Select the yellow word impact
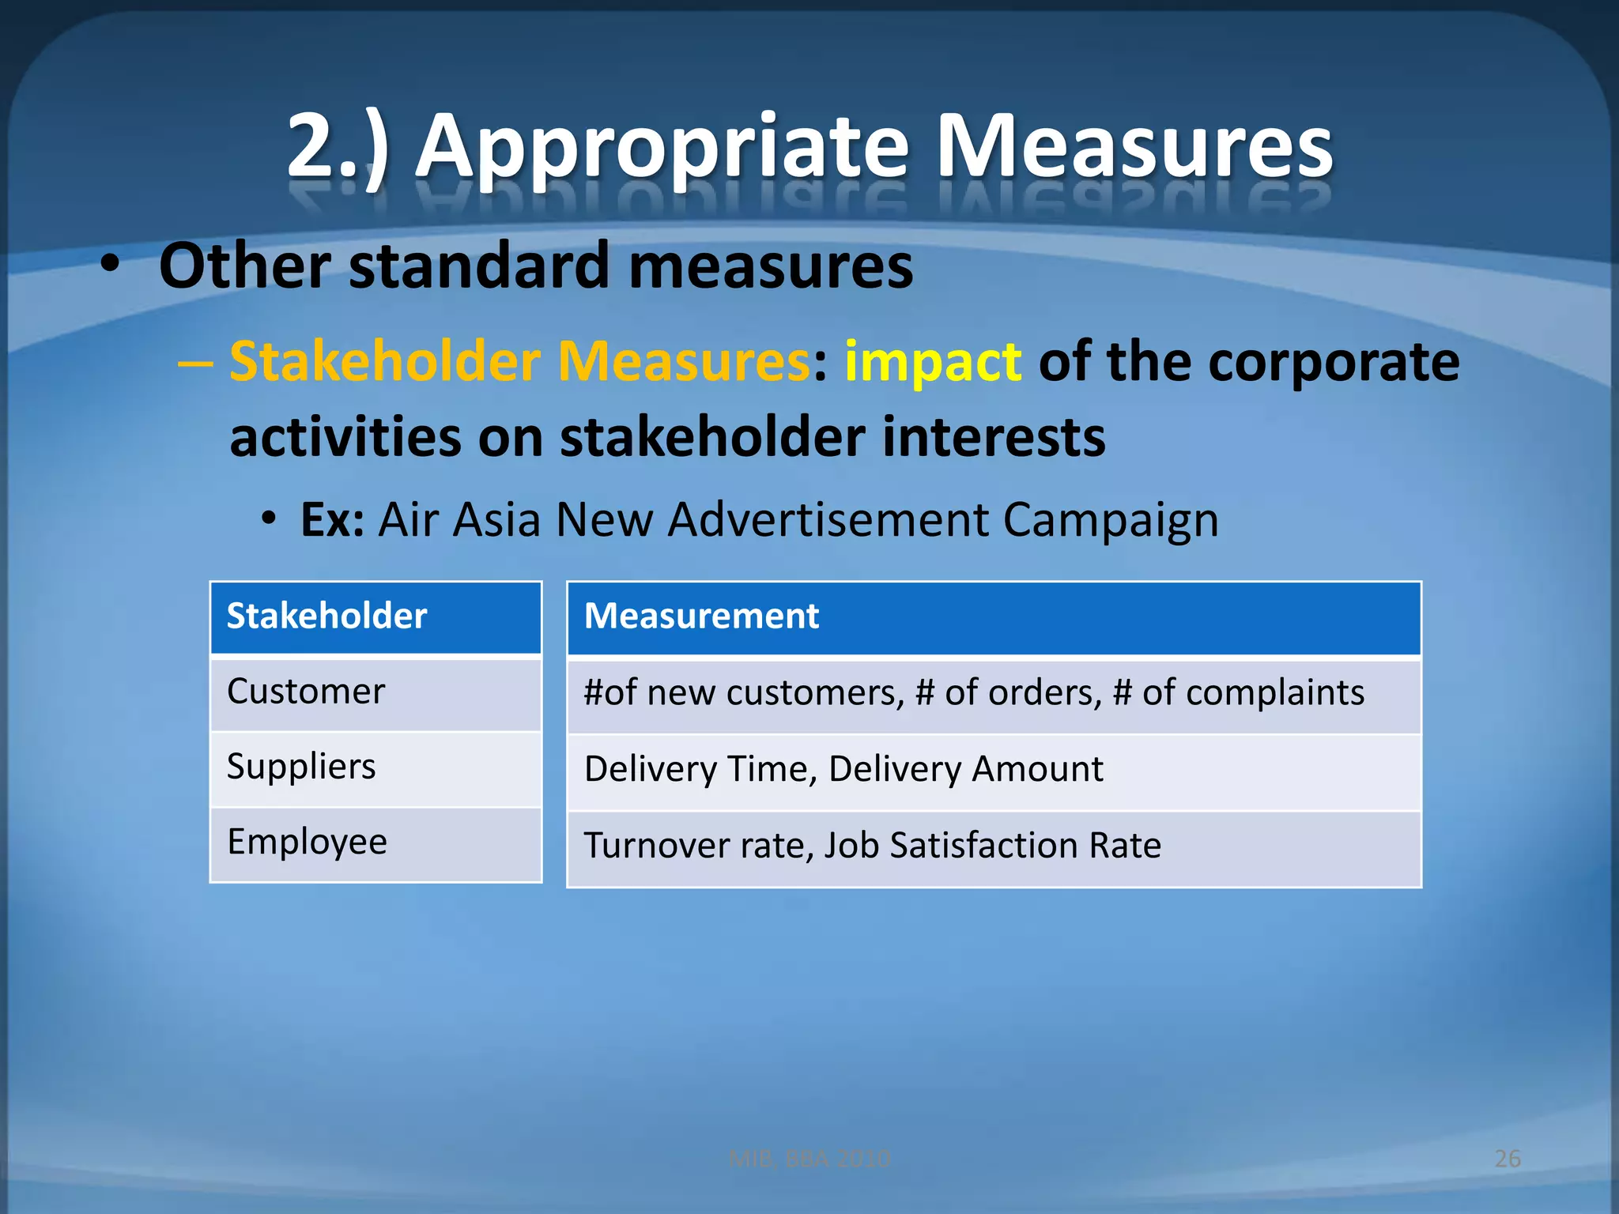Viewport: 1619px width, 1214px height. coord(933,362)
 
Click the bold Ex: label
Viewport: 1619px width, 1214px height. coord(332,520)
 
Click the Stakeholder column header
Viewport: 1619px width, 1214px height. coord(326,616)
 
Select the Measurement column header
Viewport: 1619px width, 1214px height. coord(701,616)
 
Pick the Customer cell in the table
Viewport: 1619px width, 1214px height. coord(306,692)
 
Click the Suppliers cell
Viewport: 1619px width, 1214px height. coord(301,767)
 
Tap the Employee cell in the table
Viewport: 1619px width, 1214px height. coord(308,842)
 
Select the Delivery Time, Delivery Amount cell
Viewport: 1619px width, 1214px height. coord(843,769)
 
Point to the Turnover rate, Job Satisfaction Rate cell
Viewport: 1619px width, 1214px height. coord(872,845)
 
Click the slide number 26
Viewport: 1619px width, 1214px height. coord(1508,1159)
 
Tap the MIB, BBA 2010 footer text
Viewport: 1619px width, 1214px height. coord(809,1159)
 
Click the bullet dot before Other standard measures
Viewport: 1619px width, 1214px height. coord(110,265)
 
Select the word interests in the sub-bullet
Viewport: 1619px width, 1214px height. coord(993,437)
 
